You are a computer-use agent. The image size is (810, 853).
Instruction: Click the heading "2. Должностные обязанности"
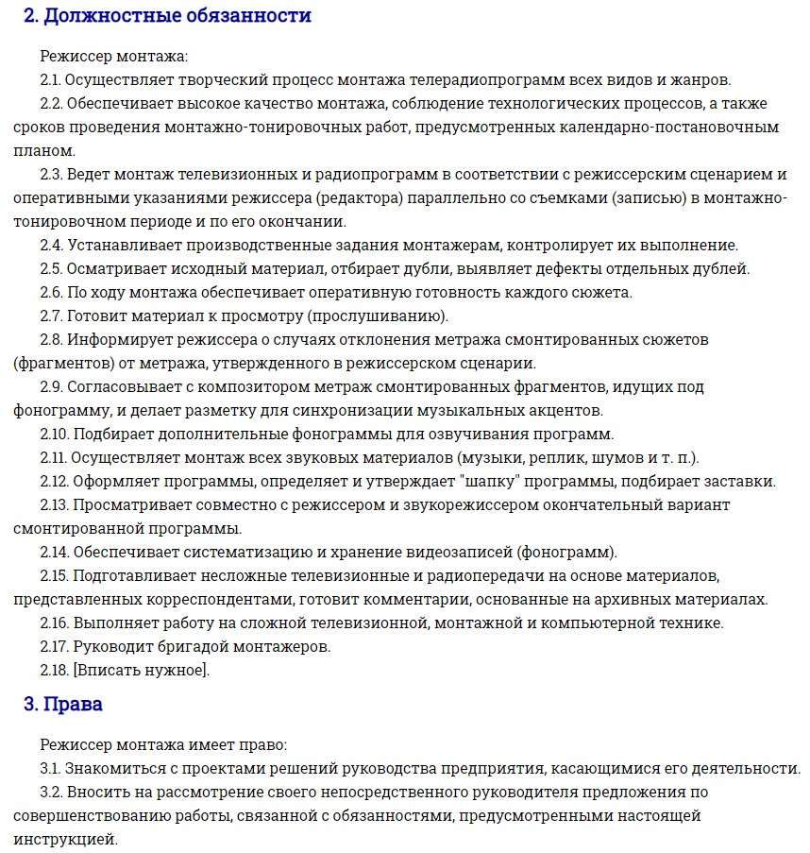coord(167,16)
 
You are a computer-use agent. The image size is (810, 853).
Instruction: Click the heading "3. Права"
coord(63,705)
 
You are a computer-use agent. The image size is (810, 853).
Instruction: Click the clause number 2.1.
coord(51,79)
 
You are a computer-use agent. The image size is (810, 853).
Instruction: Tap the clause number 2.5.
coord(51,268)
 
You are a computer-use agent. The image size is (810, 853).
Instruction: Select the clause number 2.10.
coord(55,434)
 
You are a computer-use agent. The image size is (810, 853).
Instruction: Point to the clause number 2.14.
coord(55,552)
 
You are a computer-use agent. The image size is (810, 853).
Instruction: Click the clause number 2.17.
coord(55,647)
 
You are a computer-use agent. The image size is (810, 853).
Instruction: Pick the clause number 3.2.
coord(51,792)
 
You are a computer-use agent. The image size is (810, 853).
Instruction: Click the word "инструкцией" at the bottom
coord(65,838)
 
